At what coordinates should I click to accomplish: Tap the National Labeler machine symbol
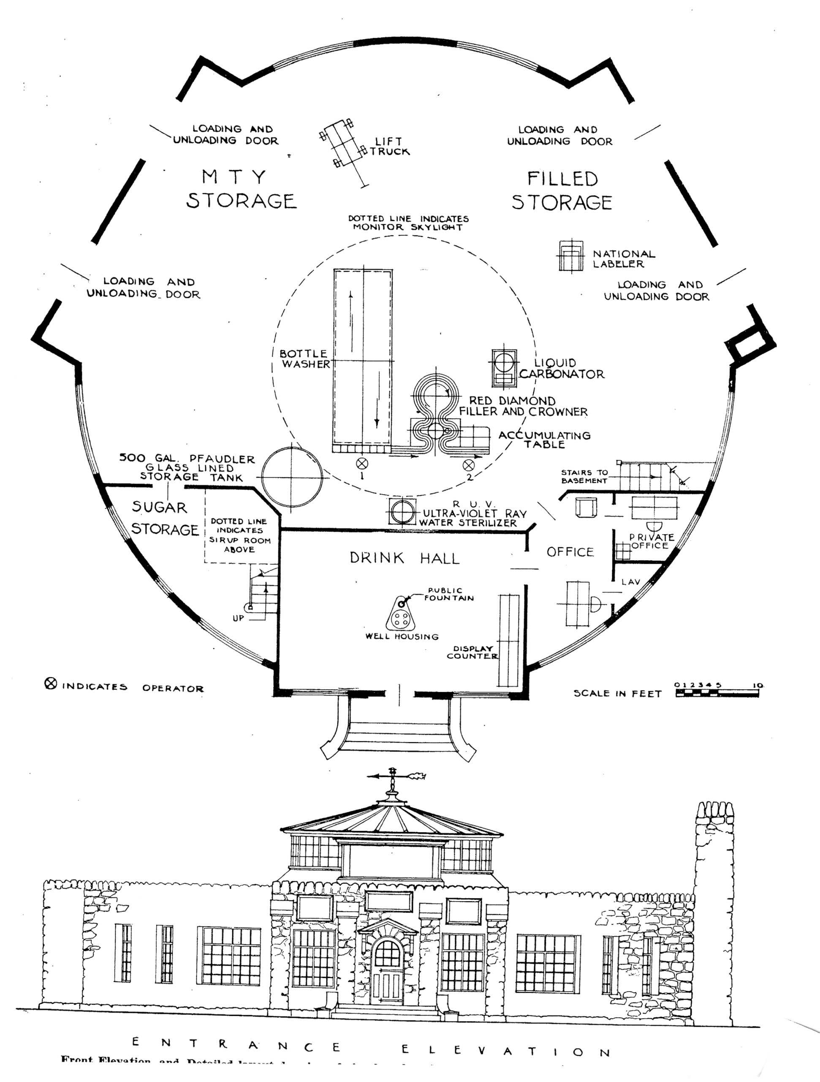(x=571, y=255)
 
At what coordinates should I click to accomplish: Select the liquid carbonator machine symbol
(x=504, y=367)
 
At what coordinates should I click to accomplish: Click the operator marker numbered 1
(x=362, y=463)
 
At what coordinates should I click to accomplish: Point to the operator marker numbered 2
(x=469, y=464)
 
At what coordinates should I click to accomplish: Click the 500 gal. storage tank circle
(x=292, y=477)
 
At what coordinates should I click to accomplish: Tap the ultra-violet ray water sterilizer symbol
(x=402, y=512)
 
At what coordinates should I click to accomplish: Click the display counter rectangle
(x=509, y=640)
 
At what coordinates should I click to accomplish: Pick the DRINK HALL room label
(x=405, y=558)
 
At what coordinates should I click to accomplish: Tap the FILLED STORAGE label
(x=562, y=191)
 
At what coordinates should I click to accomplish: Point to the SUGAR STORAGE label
(x=164, y=519)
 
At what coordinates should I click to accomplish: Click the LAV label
(x=630, y=582)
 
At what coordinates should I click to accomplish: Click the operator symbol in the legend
(x=51, y=684)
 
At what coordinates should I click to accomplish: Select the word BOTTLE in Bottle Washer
(x=303, y=354)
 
